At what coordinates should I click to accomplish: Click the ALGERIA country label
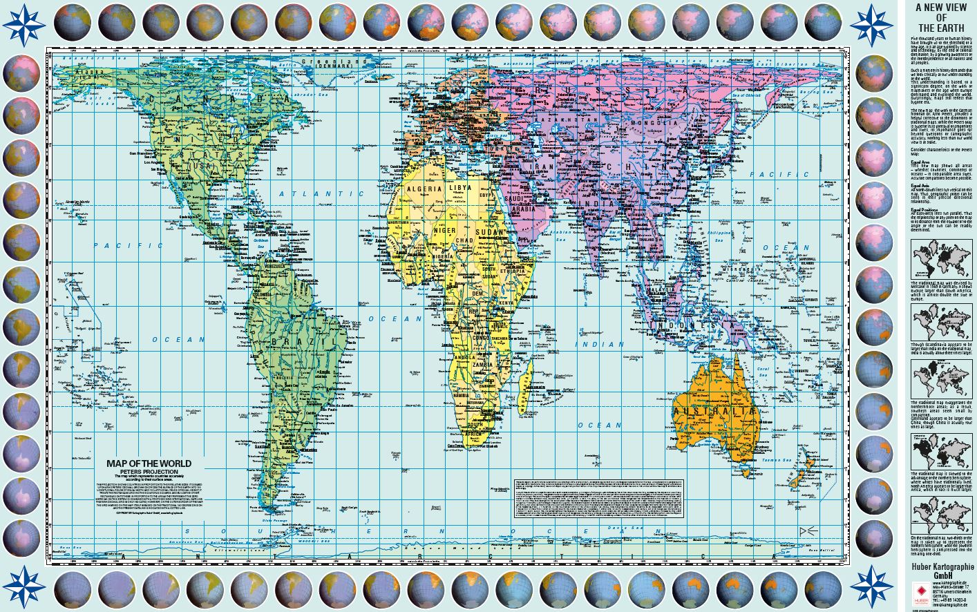coord(424,189)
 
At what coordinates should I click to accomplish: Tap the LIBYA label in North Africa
coord(460,188)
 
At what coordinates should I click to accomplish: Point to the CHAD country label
coord(464,241)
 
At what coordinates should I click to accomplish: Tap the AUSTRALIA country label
coord(714,411)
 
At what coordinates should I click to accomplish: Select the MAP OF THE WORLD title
coord(149,463)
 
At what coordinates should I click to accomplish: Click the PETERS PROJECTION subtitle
coord(149,472)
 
